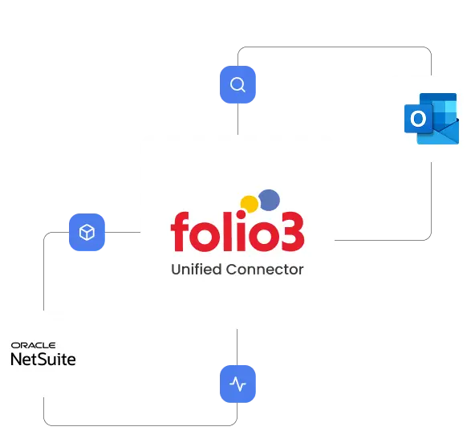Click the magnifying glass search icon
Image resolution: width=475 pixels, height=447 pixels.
(x=237, y=84)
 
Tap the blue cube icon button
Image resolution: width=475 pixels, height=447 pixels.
(x=87, y=233)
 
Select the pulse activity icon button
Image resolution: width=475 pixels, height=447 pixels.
(x=237, y=384)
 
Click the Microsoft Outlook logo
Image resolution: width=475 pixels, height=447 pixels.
(x=432, y=119)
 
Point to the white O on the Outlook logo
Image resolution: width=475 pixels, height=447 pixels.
(x=418, y=119)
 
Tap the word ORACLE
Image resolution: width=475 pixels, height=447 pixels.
(x=34, y=345)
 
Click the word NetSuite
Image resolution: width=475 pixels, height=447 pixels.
(x=43, y=360)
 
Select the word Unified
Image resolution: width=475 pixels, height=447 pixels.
(x=197, y=270)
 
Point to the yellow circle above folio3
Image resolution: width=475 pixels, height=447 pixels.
(x=249, y=205)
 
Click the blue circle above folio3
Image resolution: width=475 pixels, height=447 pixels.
(x=269, y=200)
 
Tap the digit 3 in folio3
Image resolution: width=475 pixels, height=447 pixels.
(x=293, y=232)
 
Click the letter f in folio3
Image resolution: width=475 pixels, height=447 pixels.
(x=181, y=232)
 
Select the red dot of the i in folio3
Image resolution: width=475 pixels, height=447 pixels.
(x=242, y=215)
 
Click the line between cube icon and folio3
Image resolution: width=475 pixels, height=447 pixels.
(x=123, y=233)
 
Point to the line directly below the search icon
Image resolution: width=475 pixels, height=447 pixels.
(x=237, y=119)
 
